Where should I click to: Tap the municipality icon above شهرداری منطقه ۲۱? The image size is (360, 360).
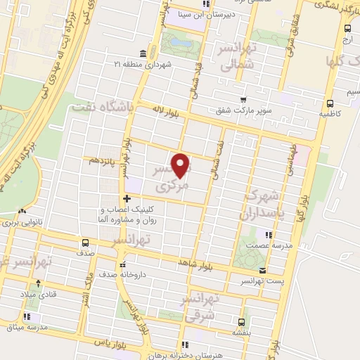pos(143,54)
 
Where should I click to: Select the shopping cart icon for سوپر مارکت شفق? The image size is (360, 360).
pos(243,100)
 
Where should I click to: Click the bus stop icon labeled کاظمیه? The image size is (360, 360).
pos(326,100)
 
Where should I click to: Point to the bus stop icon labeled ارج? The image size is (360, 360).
pos(348,28)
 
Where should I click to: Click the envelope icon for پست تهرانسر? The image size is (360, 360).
pos(262,271)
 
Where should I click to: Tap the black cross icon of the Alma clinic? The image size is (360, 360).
pos(127,199)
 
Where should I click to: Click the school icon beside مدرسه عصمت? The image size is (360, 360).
pos(268,234)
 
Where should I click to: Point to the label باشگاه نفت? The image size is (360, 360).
pos(102,107)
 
